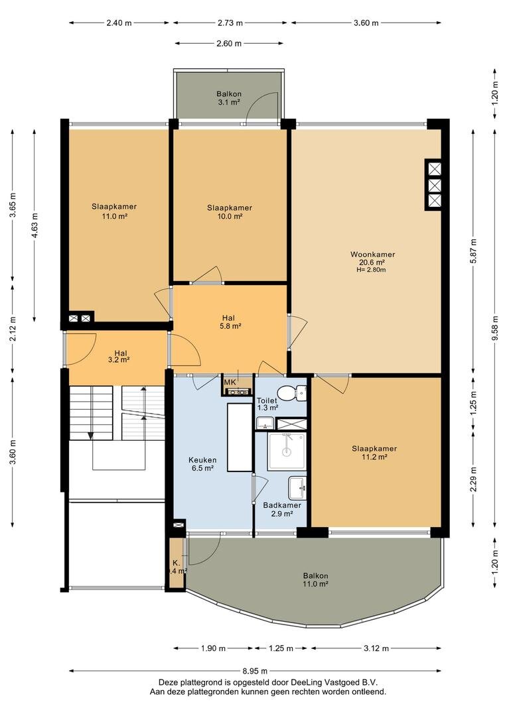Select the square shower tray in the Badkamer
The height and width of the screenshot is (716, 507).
pos(286,451)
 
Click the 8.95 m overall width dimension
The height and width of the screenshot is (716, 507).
pos(255,671)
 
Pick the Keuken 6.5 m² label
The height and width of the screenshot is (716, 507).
pos(202,464)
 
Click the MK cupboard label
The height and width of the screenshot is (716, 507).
pos(230,382)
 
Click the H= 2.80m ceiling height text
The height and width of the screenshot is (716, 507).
pos(371,270)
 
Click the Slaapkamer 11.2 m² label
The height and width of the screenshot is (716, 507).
pos(374,453)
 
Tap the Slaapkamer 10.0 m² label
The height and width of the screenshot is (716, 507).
pos(230,212)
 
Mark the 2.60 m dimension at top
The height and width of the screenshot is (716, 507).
pos(229,44)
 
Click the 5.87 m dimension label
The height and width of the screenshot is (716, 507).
pos(473,251)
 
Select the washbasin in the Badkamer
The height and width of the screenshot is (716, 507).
pos(297,488)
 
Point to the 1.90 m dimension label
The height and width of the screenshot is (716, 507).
pos(213,648)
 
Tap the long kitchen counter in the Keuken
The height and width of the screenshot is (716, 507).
pos(240,437)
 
